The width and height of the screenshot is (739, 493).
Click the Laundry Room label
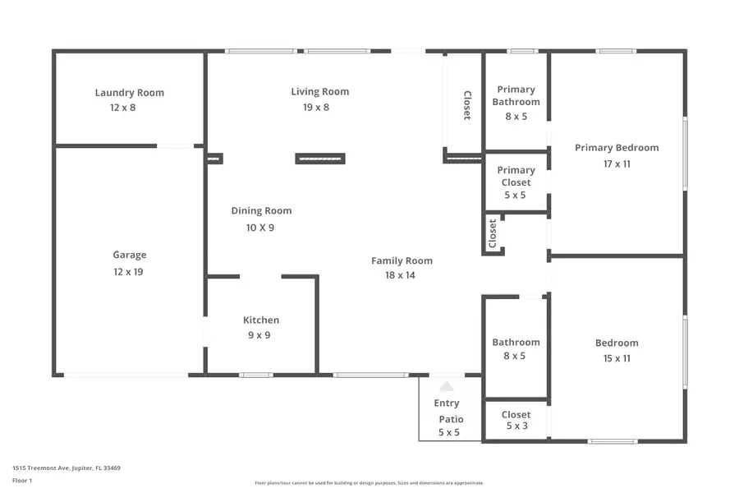[x=129, y=93]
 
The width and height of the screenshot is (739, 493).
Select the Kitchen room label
[x=260, y=320]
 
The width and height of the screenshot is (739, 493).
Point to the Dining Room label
[x=261, y=211]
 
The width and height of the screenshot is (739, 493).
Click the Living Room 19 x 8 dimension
[x=315, y=107]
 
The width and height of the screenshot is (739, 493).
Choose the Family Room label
[x=402, y=260]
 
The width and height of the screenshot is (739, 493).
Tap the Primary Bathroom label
[x=516, y=95]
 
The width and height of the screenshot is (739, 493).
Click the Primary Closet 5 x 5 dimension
[x=516, y=196]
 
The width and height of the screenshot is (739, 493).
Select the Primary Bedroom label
[x=616, y=148]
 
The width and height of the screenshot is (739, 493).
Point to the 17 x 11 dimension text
[x=616, y=164]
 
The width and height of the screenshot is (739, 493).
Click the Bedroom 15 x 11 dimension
[x=616, y=358]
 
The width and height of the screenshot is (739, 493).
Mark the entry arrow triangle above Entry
[x=446, y=385]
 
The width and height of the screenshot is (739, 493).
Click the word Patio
[x=450, y=419]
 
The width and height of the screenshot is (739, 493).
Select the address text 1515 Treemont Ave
[x=66, y=468]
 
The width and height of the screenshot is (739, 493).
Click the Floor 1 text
[x=21, y=480]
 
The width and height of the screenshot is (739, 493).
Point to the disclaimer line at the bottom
[x=369, y=483]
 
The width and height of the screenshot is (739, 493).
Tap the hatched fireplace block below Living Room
[x=320, y=159]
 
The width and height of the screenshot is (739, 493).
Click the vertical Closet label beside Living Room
[x=467, y=105]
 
